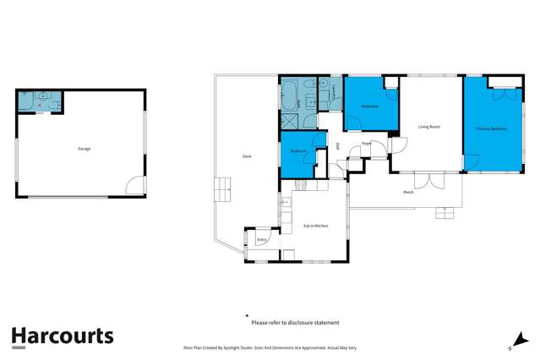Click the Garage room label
point(85,149)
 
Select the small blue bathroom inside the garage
point(39,101)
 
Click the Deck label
point(247,156)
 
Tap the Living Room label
point(429,127)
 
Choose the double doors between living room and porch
point(427,179)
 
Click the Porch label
point(408,192)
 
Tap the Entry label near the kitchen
point(261,240)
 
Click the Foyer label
point(367,144)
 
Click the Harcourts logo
point(62,335)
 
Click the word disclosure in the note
point(302,323)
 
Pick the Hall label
point(338,146)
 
